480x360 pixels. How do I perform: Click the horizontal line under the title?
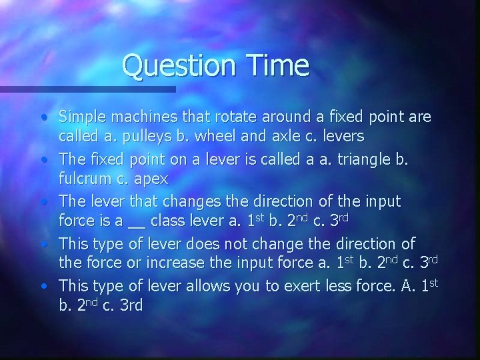pos(87,89)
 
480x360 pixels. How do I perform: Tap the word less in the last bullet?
pos(335,286)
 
